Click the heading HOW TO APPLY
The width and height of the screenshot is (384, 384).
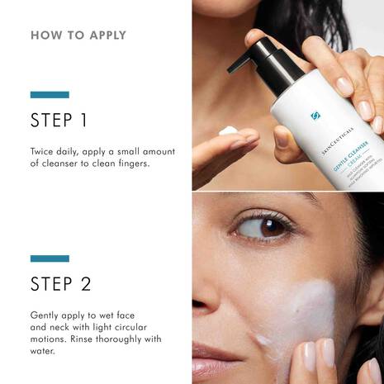click(x=78, y=36)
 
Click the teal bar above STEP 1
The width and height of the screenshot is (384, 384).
click(x=50, y=94)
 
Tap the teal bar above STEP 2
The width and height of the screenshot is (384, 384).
click(x=50, y=258)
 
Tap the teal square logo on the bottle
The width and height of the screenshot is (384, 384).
click(x=315, y=116)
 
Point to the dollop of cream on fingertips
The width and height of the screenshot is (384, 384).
click(x=230, y=131)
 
